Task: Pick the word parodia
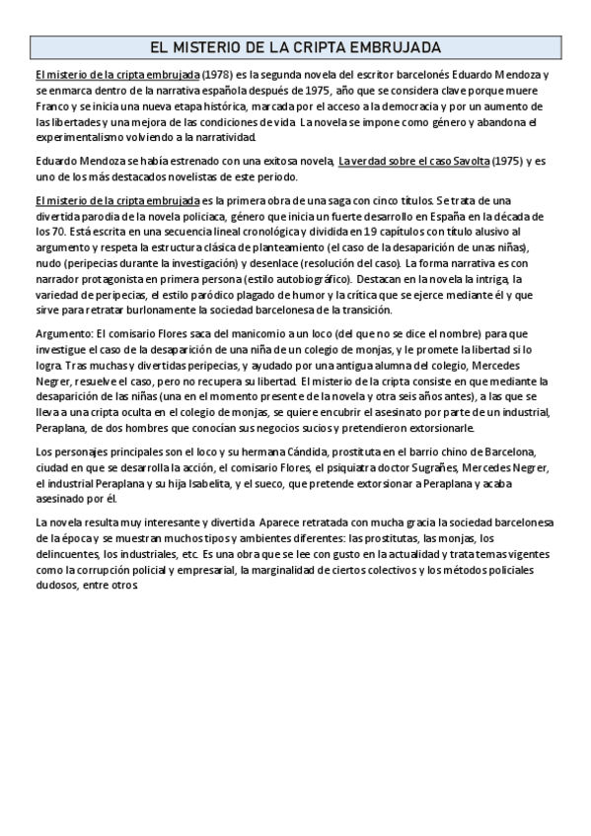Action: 111,216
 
